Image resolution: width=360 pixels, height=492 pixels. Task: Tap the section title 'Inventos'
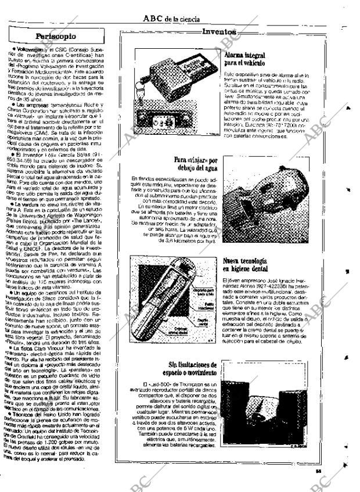(219, 33)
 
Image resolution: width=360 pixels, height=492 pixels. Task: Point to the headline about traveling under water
(195, 163)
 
